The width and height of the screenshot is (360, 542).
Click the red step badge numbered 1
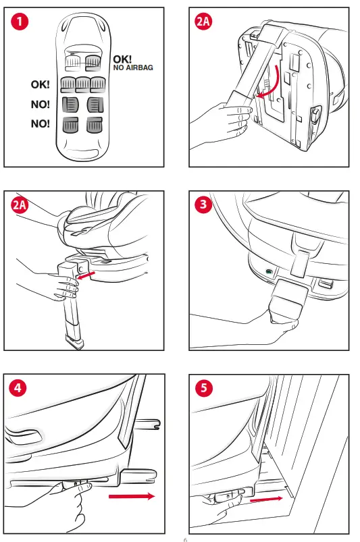(x=20, y=22)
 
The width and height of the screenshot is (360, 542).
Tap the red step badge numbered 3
(x=203, y=205)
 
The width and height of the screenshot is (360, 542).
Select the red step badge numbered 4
(x=18, y=387)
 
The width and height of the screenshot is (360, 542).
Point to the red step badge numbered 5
(x=204, y=388)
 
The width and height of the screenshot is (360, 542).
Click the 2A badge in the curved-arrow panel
(x=203, y=22)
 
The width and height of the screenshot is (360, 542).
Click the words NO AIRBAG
(x=133, y=67)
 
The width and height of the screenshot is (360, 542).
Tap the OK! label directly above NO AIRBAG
(x=122, y=59)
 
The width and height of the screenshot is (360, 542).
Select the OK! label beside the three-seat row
(x=40, y=84)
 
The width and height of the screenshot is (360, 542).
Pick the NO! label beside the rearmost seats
(x=40, y=124)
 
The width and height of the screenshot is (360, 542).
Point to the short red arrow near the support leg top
(x=86, y=275)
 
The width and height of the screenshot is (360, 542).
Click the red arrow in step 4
(x=132, y=496)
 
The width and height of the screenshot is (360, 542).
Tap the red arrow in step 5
(x=266, y=499)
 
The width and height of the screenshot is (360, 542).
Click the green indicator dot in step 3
(x=269, y=271)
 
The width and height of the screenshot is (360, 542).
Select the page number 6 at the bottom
(x=185, y=539)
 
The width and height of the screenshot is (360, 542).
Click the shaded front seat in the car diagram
(x=93, y=62)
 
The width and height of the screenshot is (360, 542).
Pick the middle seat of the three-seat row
(x=83, y=84)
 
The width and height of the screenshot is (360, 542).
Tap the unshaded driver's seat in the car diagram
(x=74, y=63)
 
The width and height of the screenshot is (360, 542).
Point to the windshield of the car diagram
(x=83, y=49)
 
